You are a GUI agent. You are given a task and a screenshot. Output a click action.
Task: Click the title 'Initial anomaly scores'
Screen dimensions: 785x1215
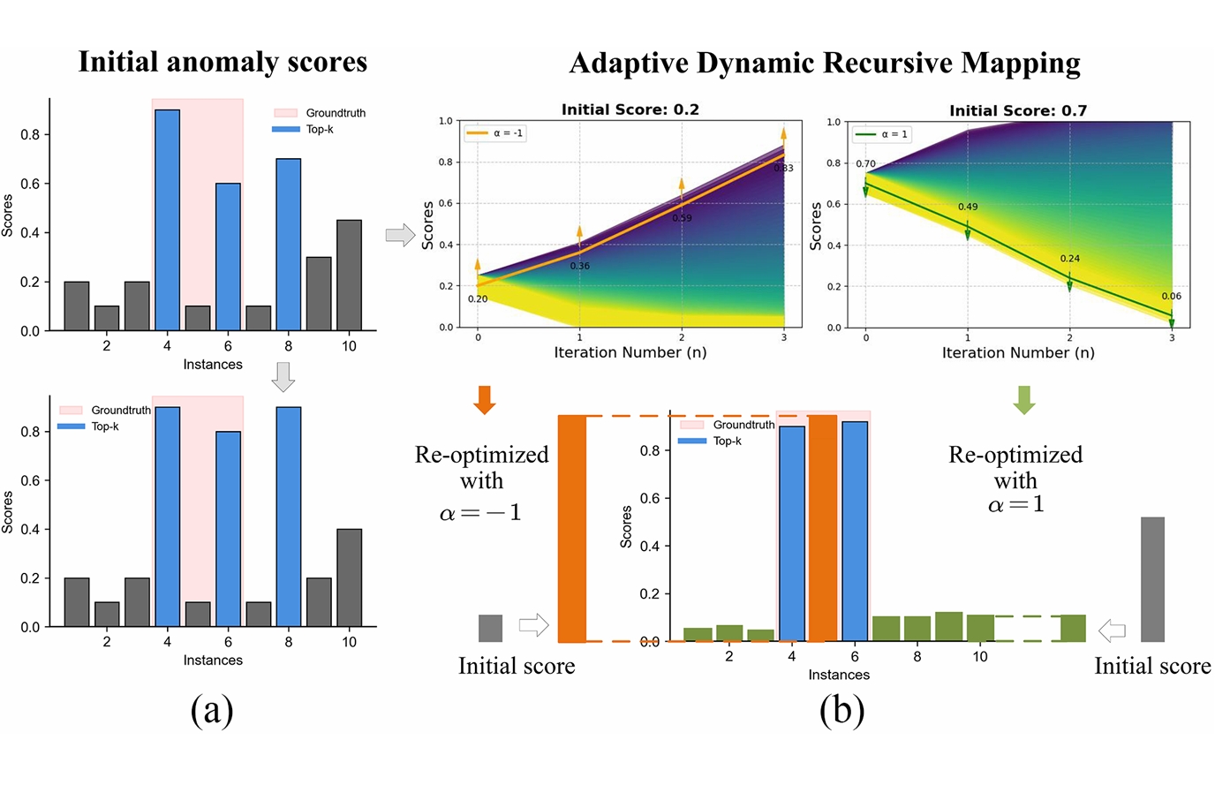click(x=223, y=62)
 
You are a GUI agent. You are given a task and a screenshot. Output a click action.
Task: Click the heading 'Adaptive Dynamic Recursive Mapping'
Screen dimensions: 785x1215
click(x=825, y=64)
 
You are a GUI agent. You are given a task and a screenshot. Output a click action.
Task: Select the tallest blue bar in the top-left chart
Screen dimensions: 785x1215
click(x=167, y=220)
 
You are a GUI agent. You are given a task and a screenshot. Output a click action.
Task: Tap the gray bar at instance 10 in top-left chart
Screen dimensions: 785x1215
click(x=349, y=276)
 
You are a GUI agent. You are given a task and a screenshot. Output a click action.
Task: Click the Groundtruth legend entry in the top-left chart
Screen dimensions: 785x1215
click(x=319, y=113)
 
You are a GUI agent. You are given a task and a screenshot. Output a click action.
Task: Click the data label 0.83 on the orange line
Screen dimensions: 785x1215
click(x=783, y=168)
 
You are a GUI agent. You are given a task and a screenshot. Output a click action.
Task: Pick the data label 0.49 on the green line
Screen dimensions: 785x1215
click(x=968, y=207)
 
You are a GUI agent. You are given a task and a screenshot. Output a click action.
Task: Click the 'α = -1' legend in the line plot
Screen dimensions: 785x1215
click(x=495, y=133)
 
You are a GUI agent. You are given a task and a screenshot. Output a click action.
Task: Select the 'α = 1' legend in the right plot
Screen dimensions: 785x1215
click(x=882, y=134)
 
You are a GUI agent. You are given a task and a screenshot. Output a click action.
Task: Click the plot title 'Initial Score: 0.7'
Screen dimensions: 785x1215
click(x=1017, y=110)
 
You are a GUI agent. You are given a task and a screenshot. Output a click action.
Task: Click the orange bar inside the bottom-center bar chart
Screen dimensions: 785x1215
click(x=823, y=528)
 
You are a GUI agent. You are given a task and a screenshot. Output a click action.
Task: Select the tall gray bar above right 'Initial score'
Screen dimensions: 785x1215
click(x=1152, y=579)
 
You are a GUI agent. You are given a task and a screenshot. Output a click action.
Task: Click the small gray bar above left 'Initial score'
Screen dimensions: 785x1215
click(x=490, y=628)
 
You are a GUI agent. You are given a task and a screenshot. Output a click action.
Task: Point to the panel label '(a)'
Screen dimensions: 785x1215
click(x=212, y=710)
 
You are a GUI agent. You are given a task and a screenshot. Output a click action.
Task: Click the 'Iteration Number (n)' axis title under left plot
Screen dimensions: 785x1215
click(x=630, y=352)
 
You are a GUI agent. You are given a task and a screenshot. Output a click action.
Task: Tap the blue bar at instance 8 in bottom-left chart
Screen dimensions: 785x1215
click(x=288, y=517)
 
